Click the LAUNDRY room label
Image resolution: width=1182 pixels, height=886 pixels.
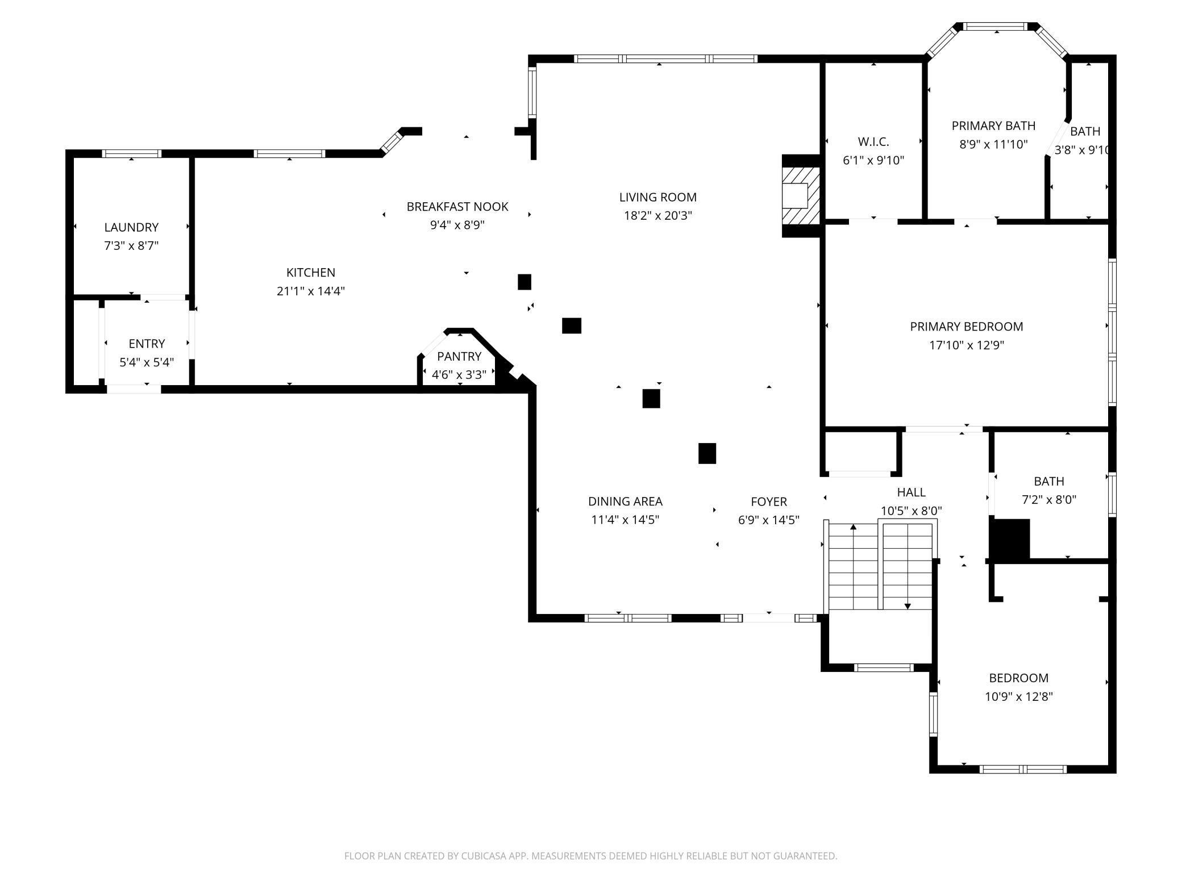[131, 227]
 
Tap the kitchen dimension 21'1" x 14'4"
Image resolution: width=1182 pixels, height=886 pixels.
[311, 291]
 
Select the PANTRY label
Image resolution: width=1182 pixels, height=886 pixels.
[459, 356]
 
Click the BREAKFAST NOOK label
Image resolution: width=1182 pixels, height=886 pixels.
[457, 207]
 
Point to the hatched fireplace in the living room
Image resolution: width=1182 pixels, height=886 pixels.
[801, 196]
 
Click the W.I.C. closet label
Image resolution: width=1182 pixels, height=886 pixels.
[873, 141]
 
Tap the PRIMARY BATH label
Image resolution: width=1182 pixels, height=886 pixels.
[994, 126]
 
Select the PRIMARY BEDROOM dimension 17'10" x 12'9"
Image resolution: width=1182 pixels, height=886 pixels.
[967, 345]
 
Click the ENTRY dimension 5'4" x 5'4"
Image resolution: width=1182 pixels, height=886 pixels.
[147, 362]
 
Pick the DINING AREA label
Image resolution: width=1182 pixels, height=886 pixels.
[625, 501]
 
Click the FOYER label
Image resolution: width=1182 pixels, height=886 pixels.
[769, 501]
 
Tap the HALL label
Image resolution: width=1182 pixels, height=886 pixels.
[912, 492]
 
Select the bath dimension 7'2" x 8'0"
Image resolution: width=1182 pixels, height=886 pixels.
[1049, 500]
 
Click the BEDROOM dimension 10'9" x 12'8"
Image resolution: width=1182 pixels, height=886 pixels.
[1019, 697]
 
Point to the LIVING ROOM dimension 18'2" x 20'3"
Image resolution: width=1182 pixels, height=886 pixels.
[658, 216]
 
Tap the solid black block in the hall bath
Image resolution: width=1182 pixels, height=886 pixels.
[1010, 539]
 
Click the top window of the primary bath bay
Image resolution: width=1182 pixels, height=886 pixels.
[996, 26]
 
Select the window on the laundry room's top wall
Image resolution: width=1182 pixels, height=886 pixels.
[131, 153]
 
